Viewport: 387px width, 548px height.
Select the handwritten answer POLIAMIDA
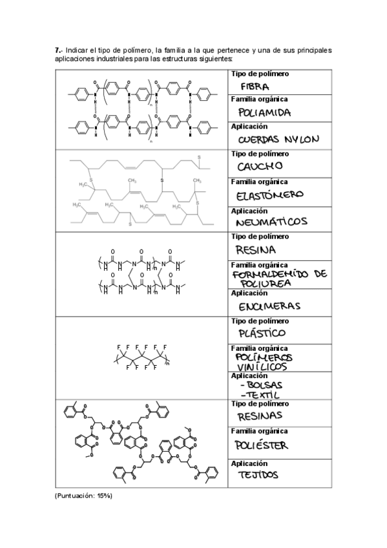pyautogui.click(x=264, y=113)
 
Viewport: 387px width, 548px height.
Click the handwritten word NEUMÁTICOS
pyautogui.click(x=271, y=222)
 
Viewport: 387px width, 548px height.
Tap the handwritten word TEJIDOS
pyautogui.click(x=258, y=474)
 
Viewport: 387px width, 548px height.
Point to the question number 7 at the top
pyautogui.click(x=58, y=50)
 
